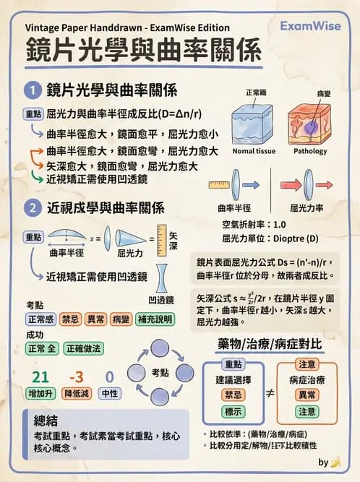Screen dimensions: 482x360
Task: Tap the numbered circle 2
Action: (33, 208)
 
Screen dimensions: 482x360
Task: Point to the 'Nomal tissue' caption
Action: (254, 152)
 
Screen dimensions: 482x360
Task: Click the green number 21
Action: (40, 376)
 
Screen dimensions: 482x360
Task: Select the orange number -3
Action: (76, 376)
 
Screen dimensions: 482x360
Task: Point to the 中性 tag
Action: (109, 394)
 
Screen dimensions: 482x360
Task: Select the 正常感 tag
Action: (40, 319)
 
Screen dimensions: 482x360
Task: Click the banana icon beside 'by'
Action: (335, 462)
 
